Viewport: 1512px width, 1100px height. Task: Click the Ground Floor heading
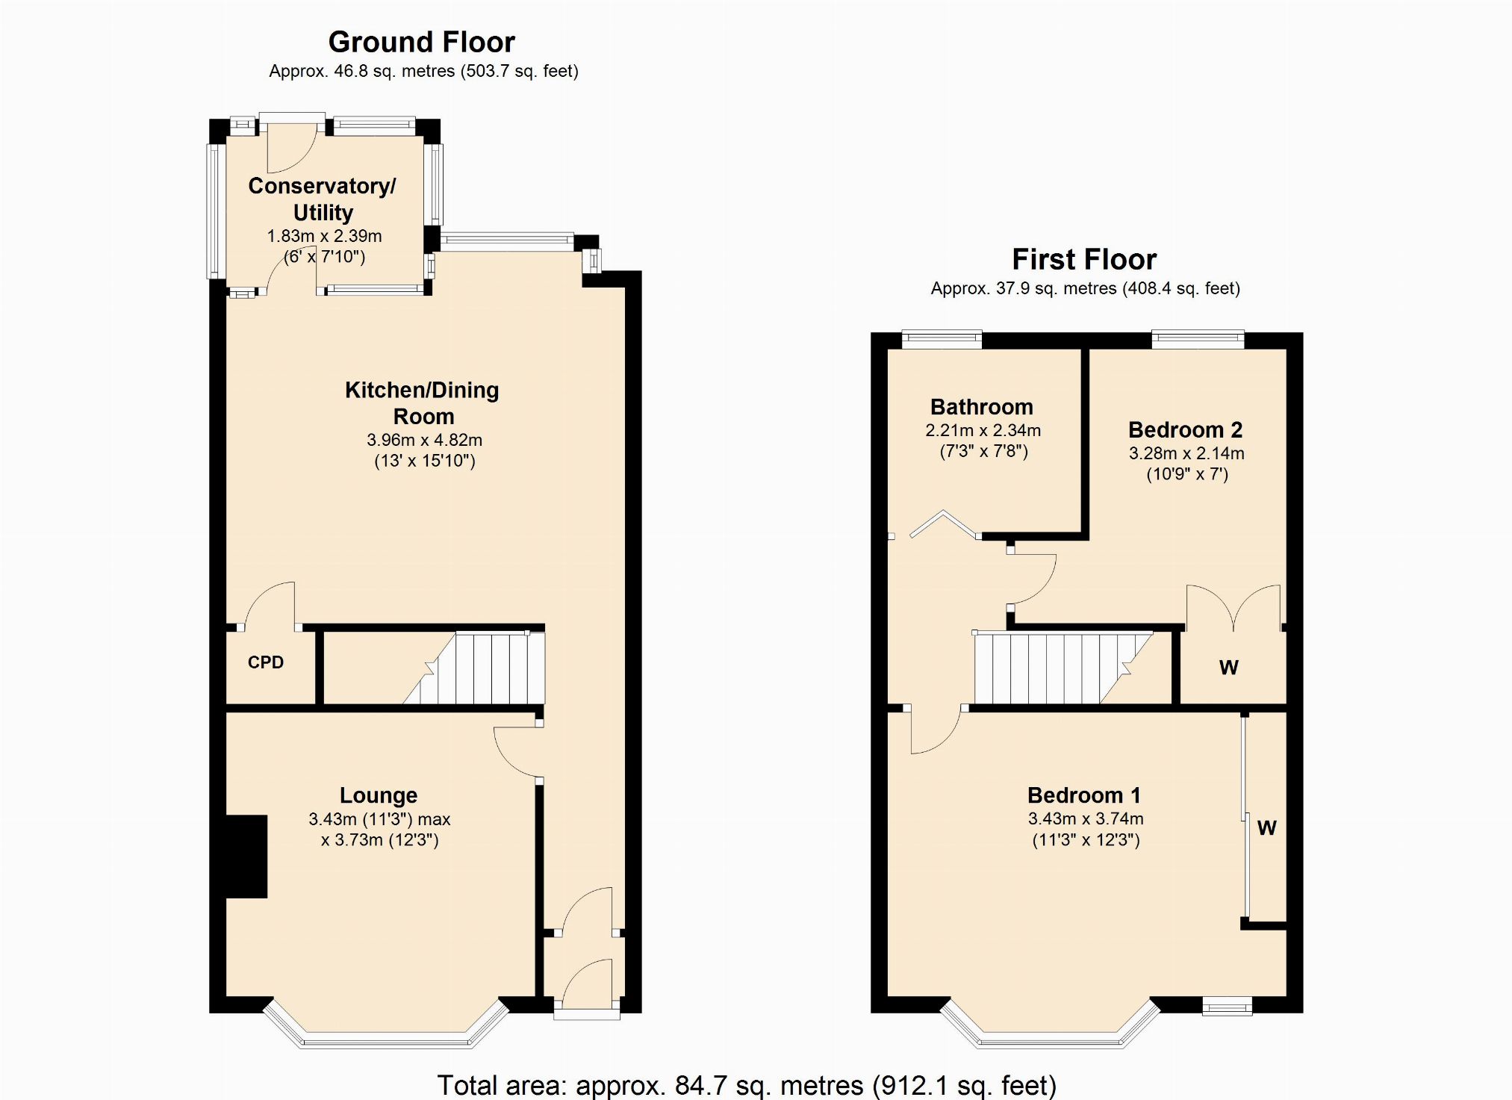point(422,42)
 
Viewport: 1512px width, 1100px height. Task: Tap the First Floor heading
point(1084,259)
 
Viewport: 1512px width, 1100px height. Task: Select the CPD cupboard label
point(266,662)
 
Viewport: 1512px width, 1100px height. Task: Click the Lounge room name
point(379,796)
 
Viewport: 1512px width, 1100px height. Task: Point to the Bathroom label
point(982,407)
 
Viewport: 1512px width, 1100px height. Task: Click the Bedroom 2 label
point(1185,430)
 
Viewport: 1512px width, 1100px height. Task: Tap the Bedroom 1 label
point(1084,795)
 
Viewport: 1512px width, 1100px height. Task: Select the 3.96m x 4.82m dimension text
point(424,440)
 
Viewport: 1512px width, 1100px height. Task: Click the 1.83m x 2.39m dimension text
point(324,236)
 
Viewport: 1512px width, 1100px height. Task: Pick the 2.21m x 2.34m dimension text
point(983,430)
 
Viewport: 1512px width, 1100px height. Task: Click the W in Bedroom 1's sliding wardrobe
point(1267,827)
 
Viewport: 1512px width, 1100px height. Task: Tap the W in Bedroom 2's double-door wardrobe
point(1229,668)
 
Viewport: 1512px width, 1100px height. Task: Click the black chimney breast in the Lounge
point(246,856)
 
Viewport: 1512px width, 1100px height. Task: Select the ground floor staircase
point(474,668)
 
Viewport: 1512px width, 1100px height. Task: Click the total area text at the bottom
point(747,1085)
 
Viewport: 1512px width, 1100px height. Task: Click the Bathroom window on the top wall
point(942,340)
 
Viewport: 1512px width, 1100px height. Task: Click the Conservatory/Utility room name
point(323,199)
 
